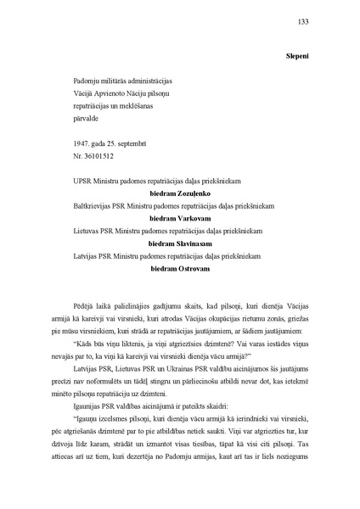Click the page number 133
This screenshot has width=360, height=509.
coord(304,23)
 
